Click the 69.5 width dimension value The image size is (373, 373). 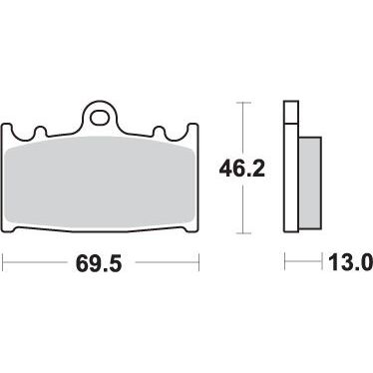coord(99,263)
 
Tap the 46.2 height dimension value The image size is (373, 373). coord(242,170)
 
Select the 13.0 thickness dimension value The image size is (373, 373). coord(350,261)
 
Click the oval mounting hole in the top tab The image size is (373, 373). coord(100,118)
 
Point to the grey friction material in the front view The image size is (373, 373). coord(100,182)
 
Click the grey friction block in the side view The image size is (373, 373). coord(310,184)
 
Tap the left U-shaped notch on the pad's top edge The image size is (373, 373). coord(40,132)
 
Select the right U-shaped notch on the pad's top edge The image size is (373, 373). coord(160,132)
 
